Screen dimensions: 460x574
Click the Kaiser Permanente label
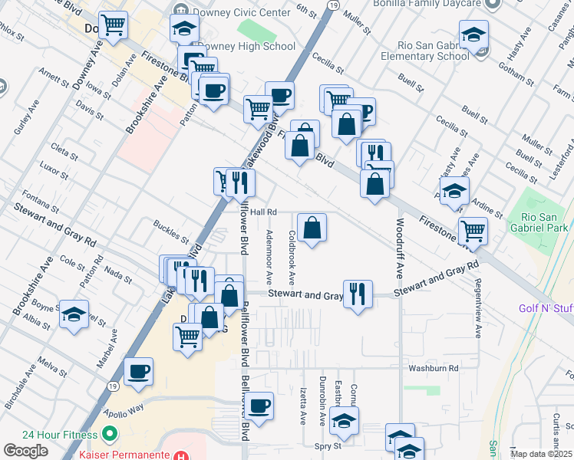pyautogui.click(x=123, y=455)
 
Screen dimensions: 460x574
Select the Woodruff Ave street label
pyautogui.click(x=400, y=248)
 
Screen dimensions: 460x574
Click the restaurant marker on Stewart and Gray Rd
pyautogui.click(x=358, y=293)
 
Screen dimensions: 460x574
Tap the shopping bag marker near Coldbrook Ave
pyautogui.click(x=312, y=228)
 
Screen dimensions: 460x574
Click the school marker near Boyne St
pyautogui.click(x=74, y=314)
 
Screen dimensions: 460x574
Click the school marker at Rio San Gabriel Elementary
pyautogui.click(x=473, y=34)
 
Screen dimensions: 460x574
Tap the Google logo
pyautogui.click(x=25, y=451)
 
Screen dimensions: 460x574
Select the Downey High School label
pyautogui.click(x=246, y=46)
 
